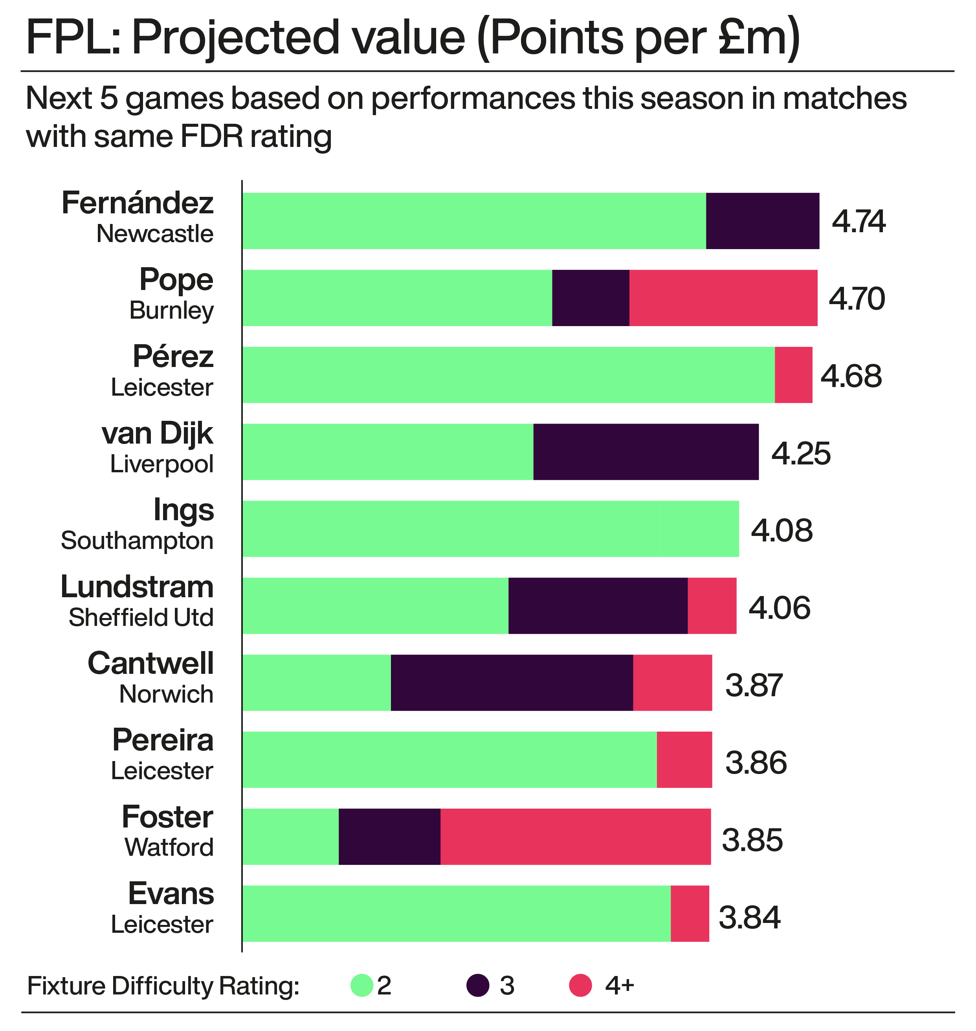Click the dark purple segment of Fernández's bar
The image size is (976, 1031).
pos(762,221)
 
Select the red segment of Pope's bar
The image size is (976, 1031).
pos(723,298)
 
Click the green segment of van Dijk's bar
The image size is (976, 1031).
pos(387,452)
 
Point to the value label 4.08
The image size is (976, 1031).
pos(782,530)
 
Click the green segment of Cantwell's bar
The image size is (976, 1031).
pos(316,682)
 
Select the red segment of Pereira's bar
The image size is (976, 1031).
pos(684,759)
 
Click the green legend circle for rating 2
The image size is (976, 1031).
pos(361,986)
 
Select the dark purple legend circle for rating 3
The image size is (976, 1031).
pos(478,986)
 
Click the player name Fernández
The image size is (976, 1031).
pos(138,204)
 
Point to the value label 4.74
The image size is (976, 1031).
pos(859,222)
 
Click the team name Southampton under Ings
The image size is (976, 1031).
pos(137,541)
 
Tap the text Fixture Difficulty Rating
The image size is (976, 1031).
pos(163,986)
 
